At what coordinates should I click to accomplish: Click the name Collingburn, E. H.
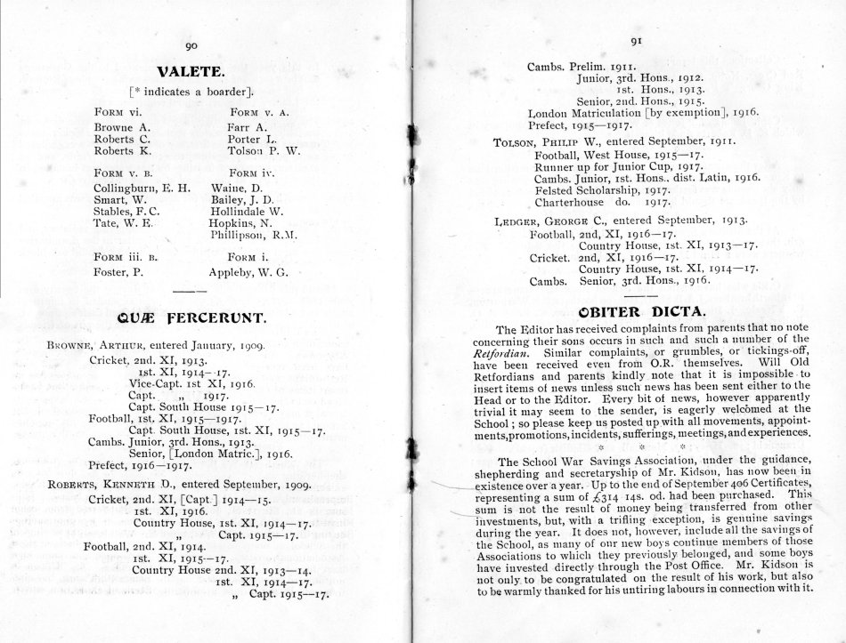(x=142, y=189)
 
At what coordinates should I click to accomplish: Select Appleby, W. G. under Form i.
(x=249, y=272)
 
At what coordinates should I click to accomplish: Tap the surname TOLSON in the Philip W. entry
(x=515, y=141)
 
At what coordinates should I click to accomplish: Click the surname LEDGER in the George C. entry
(x=517, y=221)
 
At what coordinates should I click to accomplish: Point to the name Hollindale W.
(x=247, y=213)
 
